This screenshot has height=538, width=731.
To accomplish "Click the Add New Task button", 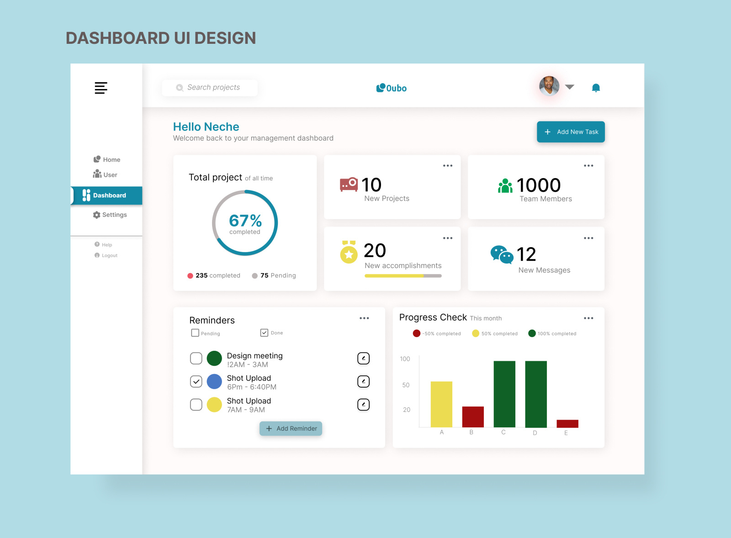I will (571, 132).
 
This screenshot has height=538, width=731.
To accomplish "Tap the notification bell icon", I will (596, 88).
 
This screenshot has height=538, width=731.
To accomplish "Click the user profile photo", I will (549, 86).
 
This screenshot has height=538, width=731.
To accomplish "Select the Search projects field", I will (210, 88).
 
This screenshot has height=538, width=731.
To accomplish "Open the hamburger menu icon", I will (101, 88).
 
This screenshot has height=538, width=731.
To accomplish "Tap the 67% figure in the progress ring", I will (245, 221).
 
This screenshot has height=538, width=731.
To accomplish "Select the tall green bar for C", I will (504, 394).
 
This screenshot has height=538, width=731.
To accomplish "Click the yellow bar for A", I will (441, 404).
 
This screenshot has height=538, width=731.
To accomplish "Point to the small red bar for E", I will (567, 423).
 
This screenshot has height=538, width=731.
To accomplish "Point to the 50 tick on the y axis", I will (406, 385).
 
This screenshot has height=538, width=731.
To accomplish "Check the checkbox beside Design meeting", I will (196, 359).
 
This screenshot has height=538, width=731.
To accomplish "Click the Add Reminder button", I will (291, 428).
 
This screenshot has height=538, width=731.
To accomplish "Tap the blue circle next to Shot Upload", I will (214, 381).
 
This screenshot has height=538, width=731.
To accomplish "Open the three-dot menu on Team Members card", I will (588, 166).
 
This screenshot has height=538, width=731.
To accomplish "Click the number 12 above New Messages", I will (526, 254).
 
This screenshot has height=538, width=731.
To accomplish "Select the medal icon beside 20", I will (349, 252).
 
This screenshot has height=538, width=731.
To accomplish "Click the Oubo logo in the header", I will (392, 88).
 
